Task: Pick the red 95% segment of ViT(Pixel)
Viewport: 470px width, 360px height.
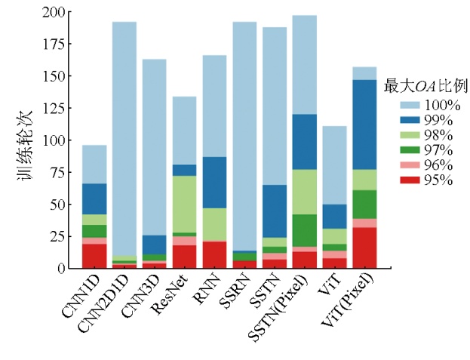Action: (x=364, y=248)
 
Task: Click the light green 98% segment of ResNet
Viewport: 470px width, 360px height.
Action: (x=185, y=204)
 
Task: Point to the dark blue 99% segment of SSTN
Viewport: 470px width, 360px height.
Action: (x=275, y=211)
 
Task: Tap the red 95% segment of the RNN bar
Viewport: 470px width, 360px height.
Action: (x=215, y=254)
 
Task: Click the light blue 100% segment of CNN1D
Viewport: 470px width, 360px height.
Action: (x=94, y=165)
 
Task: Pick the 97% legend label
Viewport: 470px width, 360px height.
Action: (x=438, y=150)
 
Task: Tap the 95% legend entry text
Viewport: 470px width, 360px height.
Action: (x=438, y=180)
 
